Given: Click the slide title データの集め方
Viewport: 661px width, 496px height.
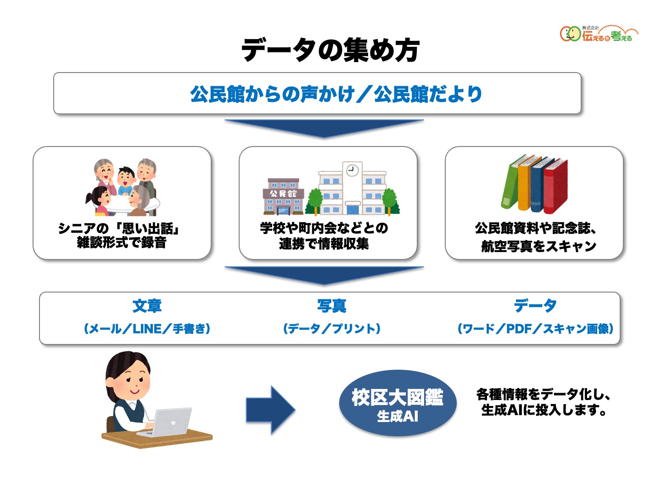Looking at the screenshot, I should pos(330,50).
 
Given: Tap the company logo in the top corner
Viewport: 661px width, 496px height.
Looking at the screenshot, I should pos(598,34).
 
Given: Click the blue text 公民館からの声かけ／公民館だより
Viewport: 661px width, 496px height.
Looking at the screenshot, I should pos(336,94).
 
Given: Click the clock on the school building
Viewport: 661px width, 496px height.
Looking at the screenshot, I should pos(352,170).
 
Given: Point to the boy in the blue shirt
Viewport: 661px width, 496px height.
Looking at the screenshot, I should pos(125,181).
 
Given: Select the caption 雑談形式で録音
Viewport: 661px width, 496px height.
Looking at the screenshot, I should pos(122,242).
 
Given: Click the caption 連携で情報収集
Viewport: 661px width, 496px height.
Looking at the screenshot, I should pos(324,244).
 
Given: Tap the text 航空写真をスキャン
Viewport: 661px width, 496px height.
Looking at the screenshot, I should pos(538,247).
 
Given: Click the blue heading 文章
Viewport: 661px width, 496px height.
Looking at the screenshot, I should pos(147,306).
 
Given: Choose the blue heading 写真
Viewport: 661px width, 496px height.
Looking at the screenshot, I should pos(331,306).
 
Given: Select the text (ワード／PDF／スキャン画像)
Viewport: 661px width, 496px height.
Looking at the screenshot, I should pos(535,329).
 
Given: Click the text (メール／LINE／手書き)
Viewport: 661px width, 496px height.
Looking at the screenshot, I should pos(147,329).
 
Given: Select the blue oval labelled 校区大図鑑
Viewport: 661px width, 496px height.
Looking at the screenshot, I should pos(398,403).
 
